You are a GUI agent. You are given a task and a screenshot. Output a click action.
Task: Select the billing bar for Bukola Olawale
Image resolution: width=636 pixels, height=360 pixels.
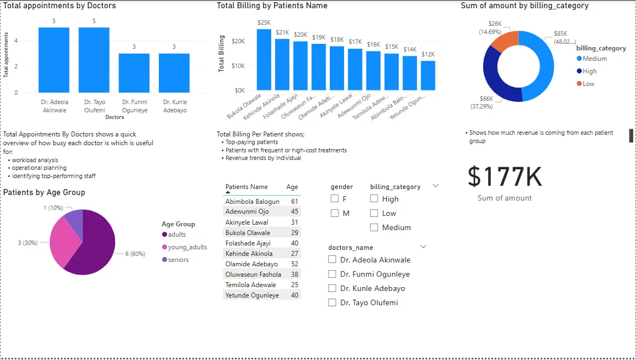tap(264, 60)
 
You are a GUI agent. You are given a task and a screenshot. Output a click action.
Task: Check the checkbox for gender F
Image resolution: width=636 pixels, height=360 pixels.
tap(335, 199)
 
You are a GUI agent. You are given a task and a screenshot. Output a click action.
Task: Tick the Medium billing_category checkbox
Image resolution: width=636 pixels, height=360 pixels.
tap(374, 227)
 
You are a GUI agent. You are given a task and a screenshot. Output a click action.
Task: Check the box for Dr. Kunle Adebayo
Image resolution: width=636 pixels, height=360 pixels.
tap(332, 288)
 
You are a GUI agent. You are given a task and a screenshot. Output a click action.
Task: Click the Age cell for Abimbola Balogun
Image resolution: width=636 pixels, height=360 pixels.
tap(294, 202)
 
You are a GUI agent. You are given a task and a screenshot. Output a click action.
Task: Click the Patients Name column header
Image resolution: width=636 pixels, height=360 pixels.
tap(247, 187)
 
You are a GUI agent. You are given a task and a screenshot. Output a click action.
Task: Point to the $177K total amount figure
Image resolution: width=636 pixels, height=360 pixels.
tap(505, 177)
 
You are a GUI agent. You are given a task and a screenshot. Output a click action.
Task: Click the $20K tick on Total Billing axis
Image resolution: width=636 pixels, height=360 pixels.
tap(238, 41)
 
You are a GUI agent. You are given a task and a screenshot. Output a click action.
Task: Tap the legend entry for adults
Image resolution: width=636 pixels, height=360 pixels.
tap(176, 235)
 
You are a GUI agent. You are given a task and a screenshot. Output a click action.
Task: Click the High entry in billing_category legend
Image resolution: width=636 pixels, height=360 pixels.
tap(589, 71)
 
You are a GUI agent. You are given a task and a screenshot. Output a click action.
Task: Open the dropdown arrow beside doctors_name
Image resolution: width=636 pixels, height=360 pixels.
tap(422, 247)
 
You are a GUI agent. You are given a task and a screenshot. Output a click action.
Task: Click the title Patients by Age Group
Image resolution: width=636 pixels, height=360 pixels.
tap(44, 192)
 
